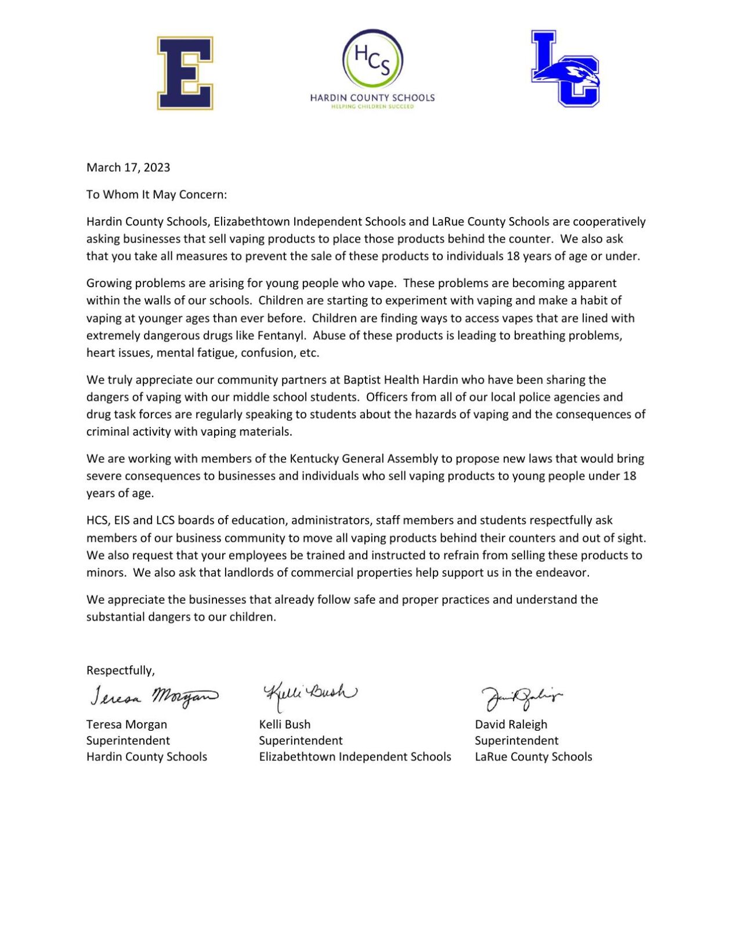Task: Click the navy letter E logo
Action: pyautogui.click(x=185, y=73)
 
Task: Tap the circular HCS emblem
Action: pyautogui.click(x=372, y=60)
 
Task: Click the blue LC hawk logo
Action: pyautogui.click(x=565, y=70)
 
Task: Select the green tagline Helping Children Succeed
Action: pyautogui.click(x=372, y=107)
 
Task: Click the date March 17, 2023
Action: pyautogui.click(x=128, y=168)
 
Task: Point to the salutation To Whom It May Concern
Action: pyautogui.click(x=156, y=195)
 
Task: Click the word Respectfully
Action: pyautogui.click(x=120, y=670)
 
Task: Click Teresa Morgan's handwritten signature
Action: pyautogui.click(x=154, y=696)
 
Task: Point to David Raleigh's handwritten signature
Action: pyautogui.click(x=520, y=698)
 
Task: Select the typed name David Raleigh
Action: pyautogui.click(x=511, y=724)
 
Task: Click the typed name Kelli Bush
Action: pyautogui.click(x=284, y=724)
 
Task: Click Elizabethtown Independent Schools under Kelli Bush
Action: pyautogui.click(x=355, y=757)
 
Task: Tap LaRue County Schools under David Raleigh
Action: pyautogui.click(x=533, y=757)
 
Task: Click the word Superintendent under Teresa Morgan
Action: pyautogui.click(x=128, y=741)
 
